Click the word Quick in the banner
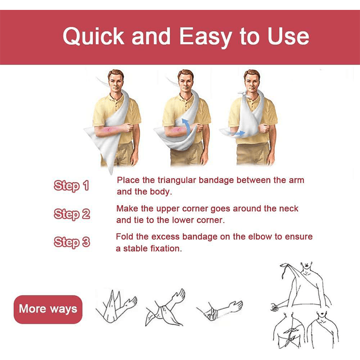(94, 37)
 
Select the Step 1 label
(71, 186)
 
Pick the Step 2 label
(72, 214)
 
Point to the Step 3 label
(72, 242)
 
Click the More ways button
(48, 309)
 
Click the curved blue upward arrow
(187, 126)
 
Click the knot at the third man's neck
(243, 94)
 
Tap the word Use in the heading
(288, 37)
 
